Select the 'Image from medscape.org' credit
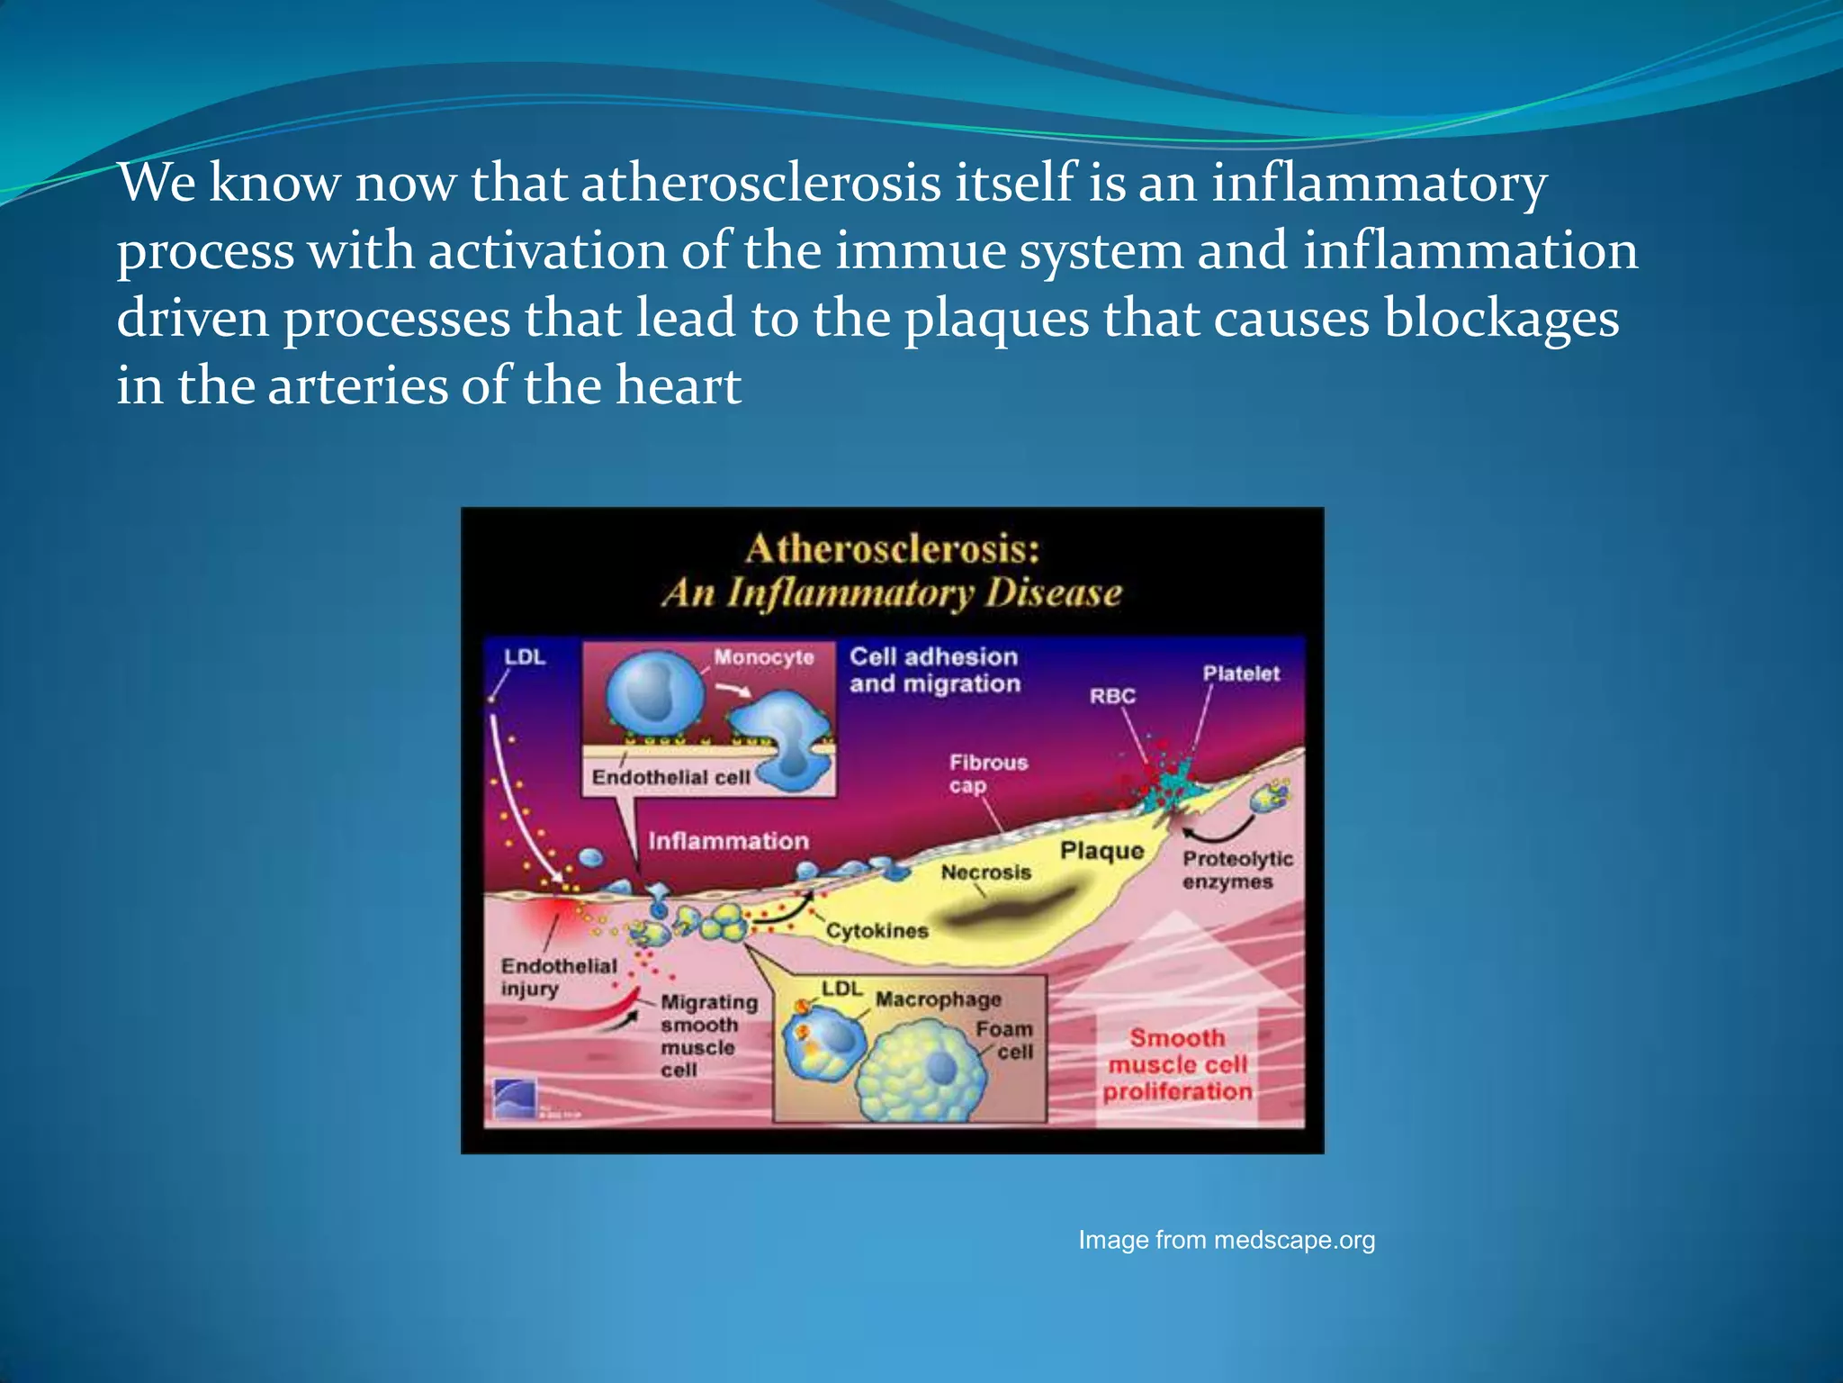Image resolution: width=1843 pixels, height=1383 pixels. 1227,1240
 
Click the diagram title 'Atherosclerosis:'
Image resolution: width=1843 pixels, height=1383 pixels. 892,549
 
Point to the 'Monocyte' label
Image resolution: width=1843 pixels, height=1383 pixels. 763,657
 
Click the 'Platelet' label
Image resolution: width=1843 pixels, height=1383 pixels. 1241,673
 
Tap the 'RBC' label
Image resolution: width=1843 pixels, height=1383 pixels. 1112,696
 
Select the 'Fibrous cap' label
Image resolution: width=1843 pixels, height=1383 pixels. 987,773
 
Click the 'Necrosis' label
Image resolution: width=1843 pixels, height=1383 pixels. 985,872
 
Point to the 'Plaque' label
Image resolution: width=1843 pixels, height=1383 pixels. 1101,851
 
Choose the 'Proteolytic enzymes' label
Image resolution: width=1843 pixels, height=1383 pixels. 1236,870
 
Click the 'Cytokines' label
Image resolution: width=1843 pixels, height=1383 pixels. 877,930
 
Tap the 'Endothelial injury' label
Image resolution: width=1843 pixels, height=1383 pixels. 558,977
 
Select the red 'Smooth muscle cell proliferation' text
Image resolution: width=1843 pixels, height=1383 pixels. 1177,1064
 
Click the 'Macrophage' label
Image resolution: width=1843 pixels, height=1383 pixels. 938,999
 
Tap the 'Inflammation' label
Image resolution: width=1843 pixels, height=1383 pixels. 728,841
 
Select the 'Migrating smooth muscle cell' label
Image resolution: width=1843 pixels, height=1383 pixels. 708,1035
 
